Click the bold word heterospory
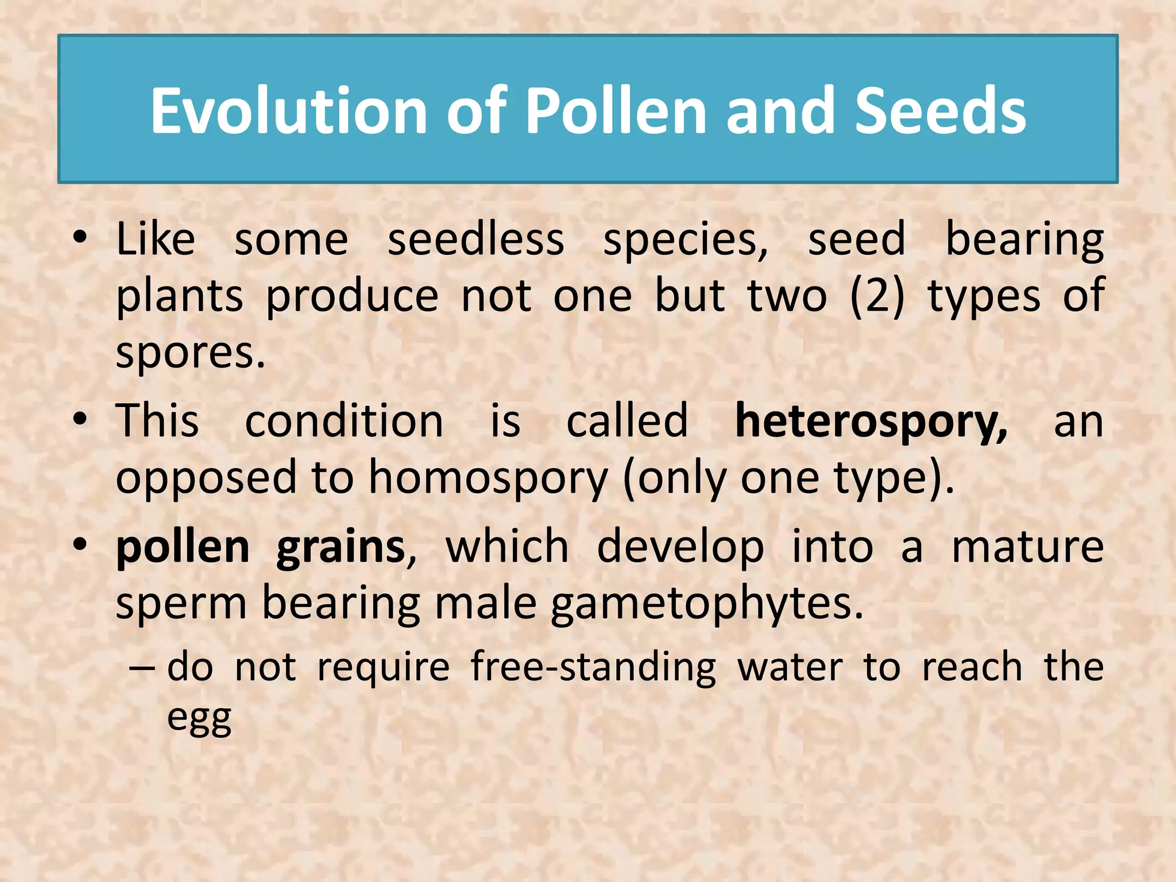[871, 421]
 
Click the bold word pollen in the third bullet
[183, 547]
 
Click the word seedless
[475, 240]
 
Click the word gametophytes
[707, 604]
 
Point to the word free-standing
[593, 667]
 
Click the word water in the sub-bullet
[790, 667]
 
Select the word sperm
[181, 604]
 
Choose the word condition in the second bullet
[344, 421]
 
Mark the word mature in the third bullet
[1027, 547]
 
